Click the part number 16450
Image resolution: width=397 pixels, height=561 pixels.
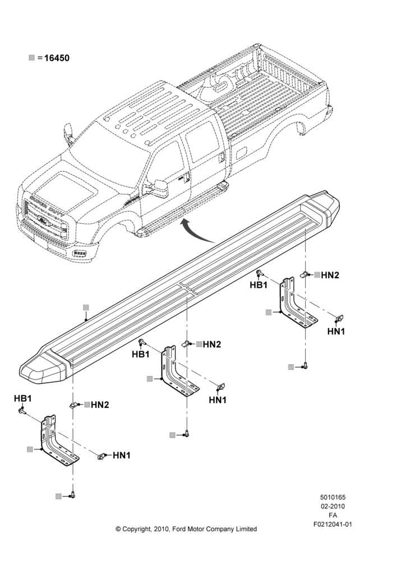coord(57,58)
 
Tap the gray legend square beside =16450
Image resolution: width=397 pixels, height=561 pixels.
coord(32,58)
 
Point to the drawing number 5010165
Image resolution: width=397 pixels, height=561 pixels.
coord(333,497)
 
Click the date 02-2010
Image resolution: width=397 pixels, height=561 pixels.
coord(333,506)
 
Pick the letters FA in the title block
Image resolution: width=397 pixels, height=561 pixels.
coord(333,515)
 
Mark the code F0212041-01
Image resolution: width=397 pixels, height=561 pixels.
coord(333,525)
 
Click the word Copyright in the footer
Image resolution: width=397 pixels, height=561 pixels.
coord(137,529)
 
